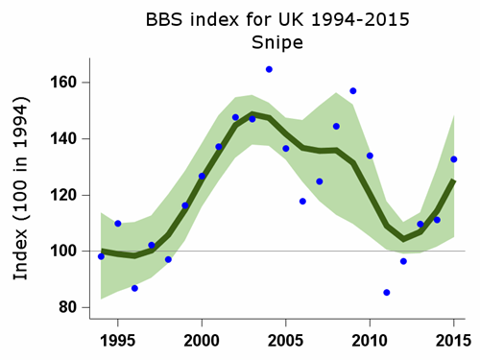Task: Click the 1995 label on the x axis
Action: (117, 341)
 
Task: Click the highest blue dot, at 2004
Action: (269, 69)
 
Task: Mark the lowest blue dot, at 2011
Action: (387, 293)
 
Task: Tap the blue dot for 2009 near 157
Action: (353, 91)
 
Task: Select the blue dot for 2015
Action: (454, 159)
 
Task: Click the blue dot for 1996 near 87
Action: (134, 288)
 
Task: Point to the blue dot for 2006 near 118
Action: (302, 202)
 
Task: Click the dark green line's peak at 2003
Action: (252, 114)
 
